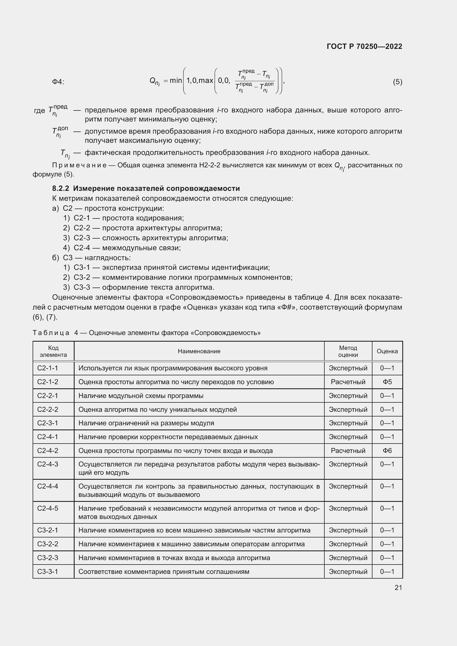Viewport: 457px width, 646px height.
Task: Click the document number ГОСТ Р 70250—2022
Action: [x=364, y=46]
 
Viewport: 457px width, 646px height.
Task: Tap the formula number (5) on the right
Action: [x=397, y=82]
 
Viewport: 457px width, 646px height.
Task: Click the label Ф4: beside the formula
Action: [x=58, y=82]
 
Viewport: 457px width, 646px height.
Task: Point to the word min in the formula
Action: [x=176, y=81]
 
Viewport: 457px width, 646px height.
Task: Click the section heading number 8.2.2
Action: [x=61, y=189]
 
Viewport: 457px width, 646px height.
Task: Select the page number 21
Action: [x=398, y=587]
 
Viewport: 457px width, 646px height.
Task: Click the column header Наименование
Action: [x=199, y=351]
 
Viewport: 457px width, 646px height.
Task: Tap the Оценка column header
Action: [x=387, y=351]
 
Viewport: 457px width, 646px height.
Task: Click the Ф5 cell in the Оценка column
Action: [x=387, y=382]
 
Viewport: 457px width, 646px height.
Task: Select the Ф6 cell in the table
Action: [x=387, y=451]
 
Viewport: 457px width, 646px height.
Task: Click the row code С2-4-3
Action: [x=48, y=464]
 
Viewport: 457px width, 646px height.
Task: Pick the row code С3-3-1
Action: [x=48, y=572]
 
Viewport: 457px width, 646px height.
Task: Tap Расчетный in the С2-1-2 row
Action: [x=348, y=382]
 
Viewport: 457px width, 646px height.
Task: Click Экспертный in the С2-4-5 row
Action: [x=348, y=508]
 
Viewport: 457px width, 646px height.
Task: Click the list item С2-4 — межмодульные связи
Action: [x=127, y=248]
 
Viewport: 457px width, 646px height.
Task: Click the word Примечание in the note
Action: [x=79, y=165]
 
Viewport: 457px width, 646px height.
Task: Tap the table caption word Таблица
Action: [x=51, y=333]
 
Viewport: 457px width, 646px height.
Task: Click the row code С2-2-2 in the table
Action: [x=48, y=410]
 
